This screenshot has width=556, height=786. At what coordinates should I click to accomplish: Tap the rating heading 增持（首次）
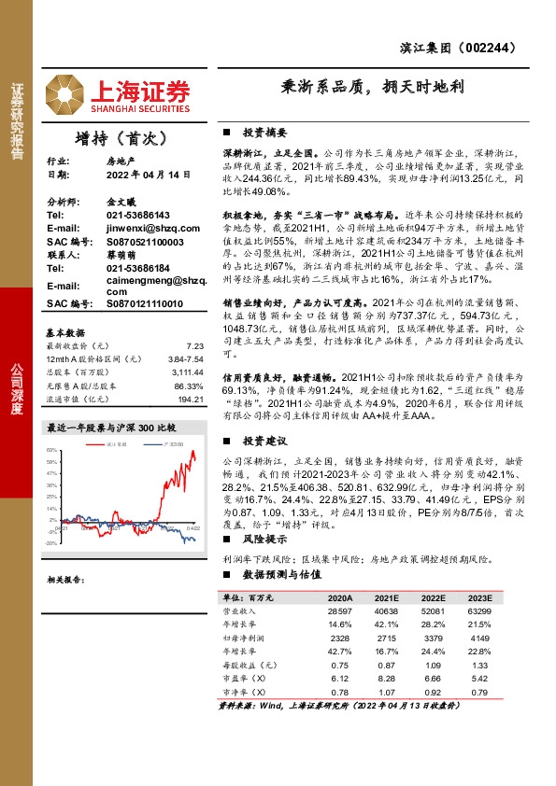tap(121, 138)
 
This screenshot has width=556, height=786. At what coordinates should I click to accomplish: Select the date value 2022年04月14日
tap(136, 174)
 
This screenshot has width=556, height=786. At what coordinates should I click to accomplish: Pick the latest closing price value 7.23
tap(194, 345)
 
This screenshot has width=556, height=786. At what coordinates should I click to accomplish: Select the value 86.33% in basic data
tap(190, 386)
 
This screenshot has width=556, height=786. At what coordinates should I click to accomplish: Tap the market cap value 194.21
tap(191, 399)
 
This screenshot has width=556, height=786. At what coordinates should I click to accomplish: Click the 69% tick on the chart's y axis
tap(51, 450)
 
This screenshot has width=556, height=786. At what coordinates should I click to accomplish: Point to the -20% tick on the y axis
tap(51, 541)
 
